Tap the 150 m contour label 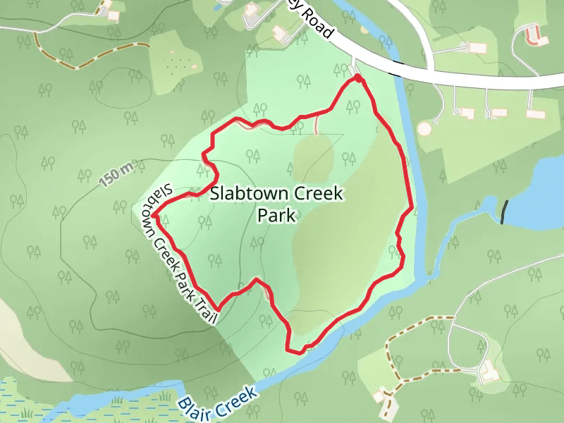point(116,174)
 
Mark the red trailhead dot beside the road point(358,78)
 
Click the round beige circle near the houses point(424,128)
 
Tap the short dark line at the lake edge point(503,212)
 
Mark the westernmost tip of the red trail point(152,214)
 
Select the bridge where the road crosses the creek point(398,68)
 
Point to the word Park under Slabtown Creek point(276,216)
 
